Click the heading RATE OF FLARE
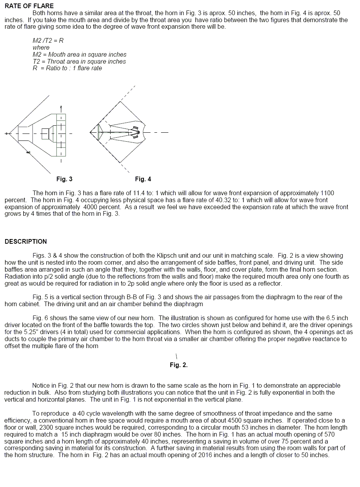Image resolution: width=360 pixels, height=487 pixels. pyautogui.click(x=29, y=6)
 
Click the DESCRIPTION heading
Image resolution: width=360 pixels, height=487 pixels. pyautogui.click(x=26, y=241)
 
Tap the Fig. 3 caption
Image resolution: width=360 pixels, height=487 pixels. pyautogui.click(x=64, y=179)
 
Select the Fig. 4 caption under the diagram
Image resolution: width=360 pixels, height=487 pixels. pyautogui.click(x=143, y=179)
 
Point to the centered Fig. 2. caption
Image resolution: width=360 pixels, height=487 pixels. pyautogui.click(x=179, y=365)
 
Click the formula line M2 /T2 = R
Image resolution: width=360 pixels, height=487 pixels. pyautogui.click(x=48, y=40)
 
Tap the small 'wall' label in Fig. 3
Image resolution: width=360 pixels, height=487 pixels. pyautogui.click(x=28, y=152)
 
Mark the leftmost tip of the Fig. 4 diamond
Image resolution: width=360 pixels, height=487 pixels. pyautogui.click(x=90, y=132)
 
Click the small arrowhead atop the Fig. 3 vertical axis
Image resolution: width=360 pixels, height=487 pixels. pyautogui.click(x=61, y=107)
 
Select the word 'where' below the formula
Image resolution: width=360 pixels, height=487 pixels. pyautogui.click(x=41, y=47)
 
